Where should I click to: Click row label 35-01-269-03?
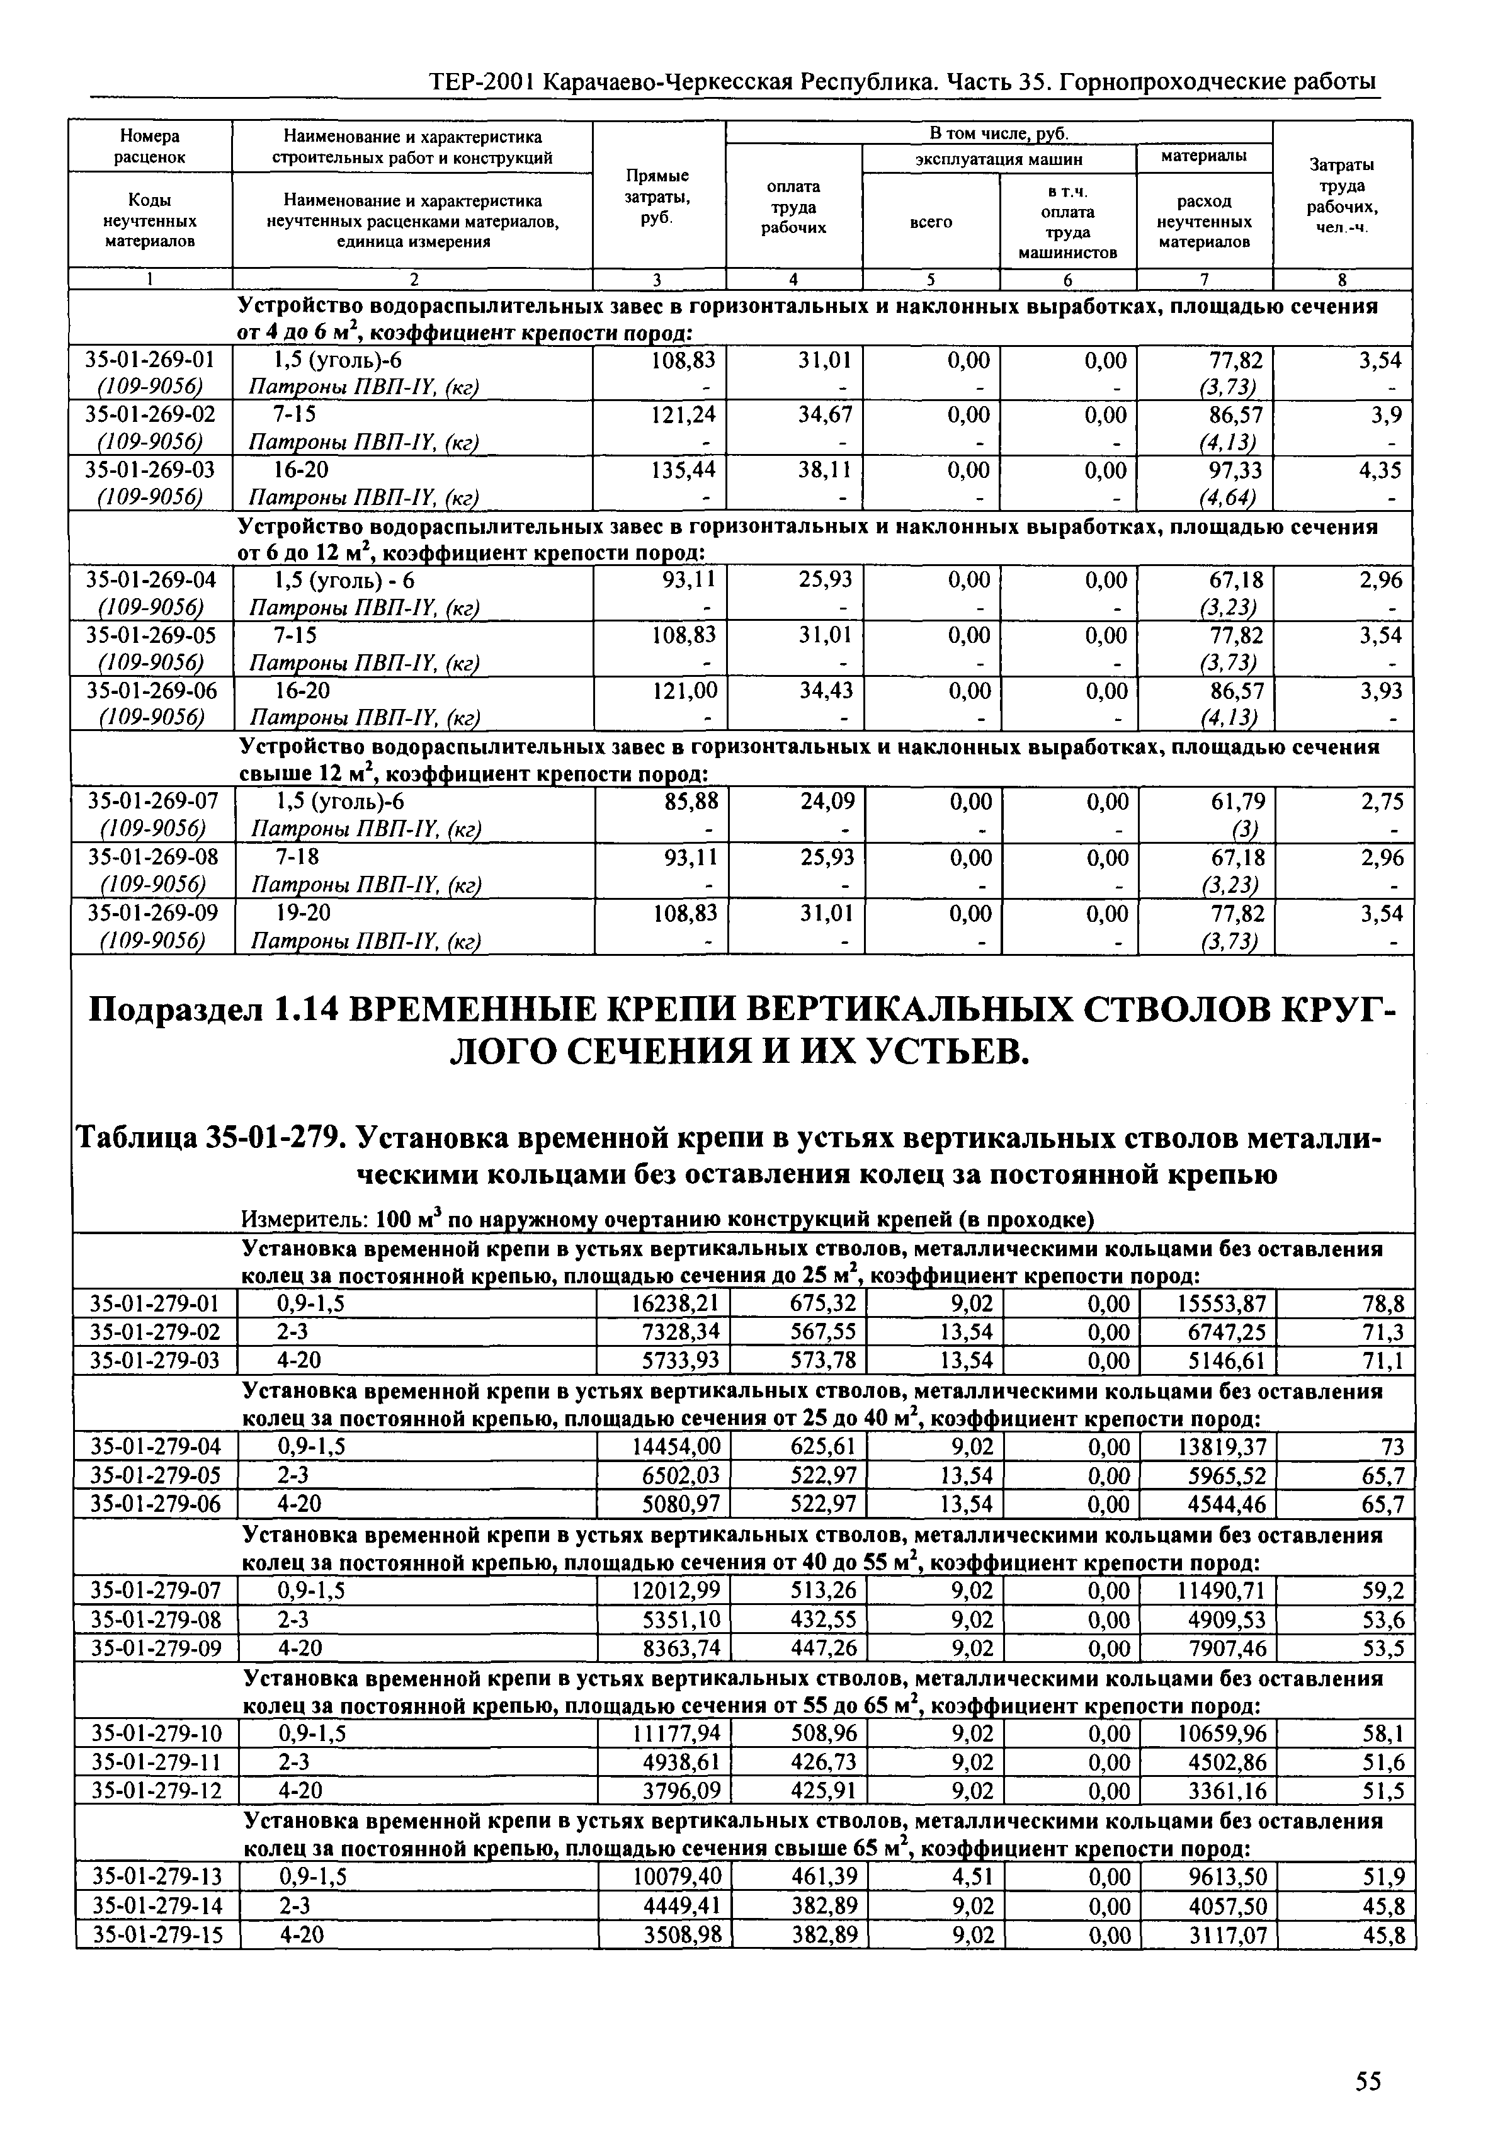(150, 469)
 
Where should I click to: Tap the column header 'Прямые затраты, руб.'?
(657, 196)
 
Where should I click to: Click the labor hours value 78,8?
(1383, 1303)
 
